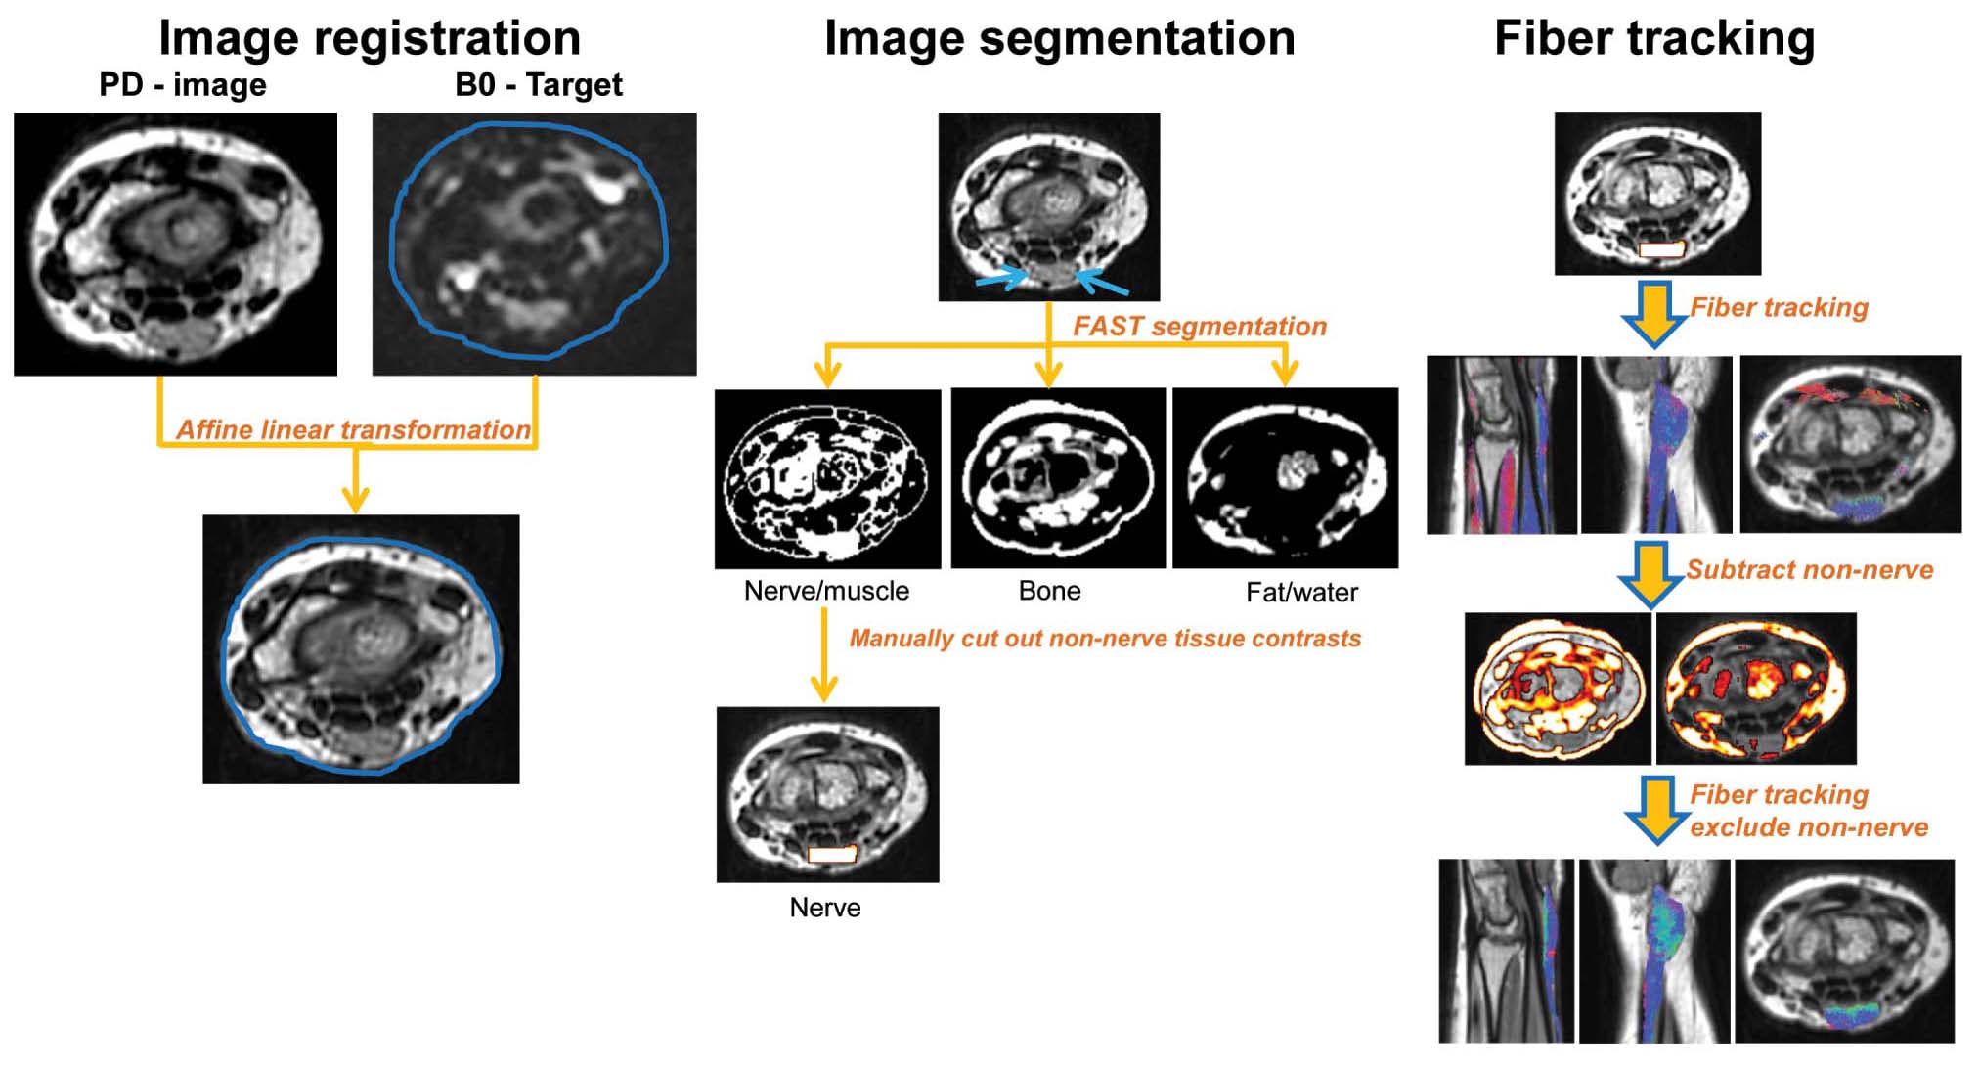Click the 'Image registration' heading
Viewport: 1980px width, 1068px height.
click(370, 39)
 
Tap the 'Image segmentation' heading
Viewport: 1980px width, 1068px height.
click(1059, 39)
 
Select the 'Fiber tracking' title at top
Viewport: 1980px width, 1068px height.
click(1654, 39)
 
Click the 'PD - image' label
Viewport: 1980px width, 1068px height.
click(183, 85)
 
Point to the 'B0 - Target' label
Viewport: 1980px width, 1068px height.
click(539, 85)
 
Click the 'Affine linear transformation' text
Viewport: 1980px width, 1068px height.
click(353, 429)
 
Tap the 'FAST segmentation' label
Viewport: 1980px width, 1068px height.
click(1200, 326)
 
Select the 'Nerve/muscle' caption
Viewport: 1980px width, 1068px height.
click(826, 591)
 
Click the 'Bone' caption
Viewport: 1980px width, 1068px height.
click(1049, 591)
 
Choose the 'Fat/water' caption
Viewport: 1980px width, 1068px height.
click(1301, 592)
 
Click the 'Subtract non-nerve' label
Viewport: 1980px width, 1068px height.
click(1809, 570)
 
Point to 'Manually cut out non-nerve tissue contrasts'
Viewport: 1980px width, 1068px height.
click(1105, 639)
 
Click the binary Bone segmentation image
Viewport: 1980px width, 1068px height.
click(1058, 478)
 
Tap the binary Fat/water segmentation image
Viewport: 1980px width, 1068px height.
click(1285, 478)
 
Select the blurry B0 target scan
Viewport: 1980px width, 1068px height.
click(534, 245)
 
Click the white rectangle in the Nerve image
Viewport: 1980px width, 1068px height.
click(832, 854)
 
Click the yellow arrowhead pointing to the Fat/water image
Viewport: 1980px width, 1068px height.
click(1285, 374)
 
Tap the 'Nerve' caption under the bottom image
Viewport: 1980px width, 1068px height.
click(825, 908)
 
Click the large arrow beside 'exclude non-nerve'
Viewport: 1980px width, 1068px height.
click(1655, 810)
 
